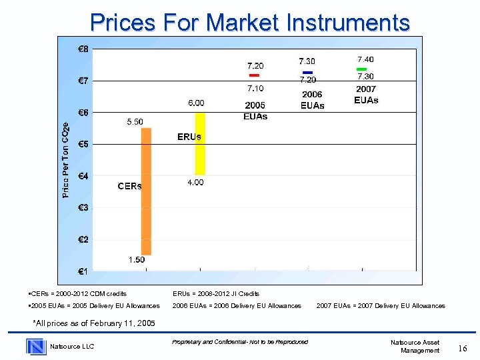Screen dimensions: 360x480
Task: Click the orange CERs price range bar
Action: coord(146,191)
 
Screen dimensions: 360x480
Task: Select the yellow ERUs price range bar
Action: coord(199,143)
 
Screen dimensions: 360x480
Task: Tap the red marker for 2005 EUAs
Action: coord(254,75)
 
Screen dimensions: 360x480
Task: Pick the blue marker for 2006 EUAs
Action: coord(307,72)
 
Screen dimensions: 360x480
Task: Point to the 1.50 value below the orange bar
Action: coord(137,260)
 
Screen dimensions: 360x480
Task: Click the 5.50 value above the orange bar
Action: coord(135,121)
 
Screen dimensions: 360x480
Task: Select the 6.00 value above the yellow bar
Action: coord(196,103)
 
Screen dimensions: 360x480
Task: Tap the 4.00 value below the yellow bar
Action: coord(195,182)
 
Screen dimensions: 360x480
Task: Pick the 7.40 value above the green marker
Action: coord(365,59)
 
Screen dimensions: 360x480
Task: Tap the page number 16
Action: coord(463,347)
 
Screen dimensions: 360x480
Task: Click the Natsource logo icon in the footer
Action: coord(36,346)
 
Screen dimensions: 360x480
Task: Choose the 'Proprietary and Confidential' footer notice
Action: coord(239,342)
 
